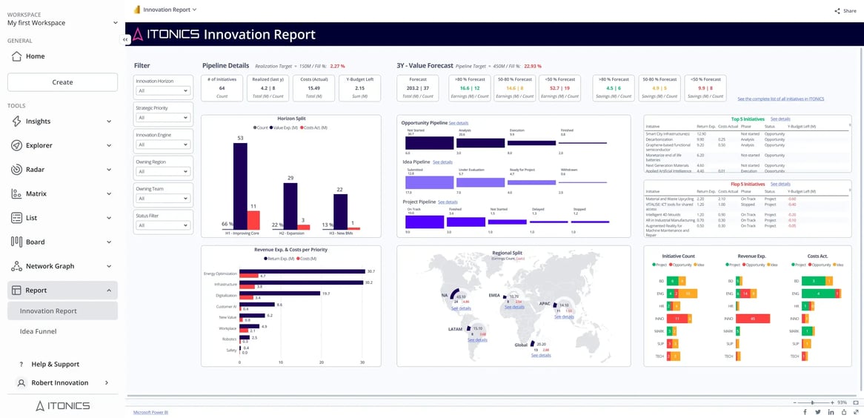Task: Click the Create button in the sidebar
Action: [x=62, y=82]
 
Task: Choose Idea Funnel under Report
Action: [x=38, y=331]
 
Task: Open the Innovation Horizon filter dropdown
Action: [x=162, y=91]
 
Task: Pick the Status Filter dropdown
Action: [x=162, y=226]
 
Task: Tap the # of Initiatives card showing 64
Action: [x=222, y=88]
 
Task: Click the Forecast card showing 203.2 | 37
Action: [x=418, y=88]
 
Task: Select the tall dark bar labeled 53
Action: [x=239, y=185]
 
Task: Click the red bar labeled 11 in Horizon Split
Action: [x=253, y=220]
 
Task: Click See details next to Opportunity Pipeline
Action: [x=459, y=122]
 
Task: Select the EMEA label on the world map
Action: [x=494, y=294]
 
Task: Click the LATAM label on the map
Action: [x=455, y=328]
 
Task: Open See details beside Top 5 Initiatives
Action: [x=780, y=119]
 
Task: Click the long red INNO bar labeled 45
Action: [x=752, y=319]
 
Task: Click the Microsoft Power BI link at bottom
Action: [x=150, y=411]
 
